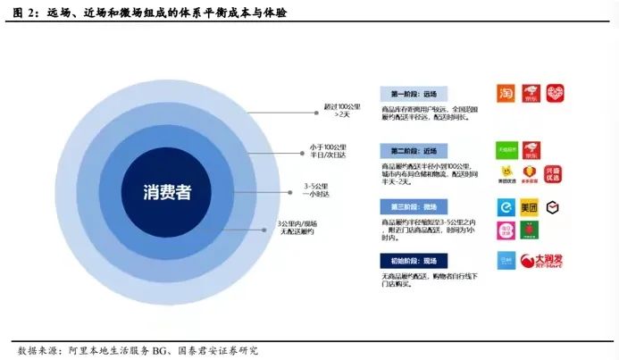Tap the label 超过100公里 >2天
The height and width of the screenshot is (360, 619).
click(x=341, y=111)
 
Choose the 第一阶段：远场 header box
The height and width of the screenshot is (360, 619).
click(x=413, y=94)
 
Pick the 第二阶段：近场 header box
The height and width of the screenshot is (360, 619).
click(x=413, y=149)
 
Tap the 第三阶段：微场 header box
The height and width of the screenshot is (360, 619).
click(x=413, y=206)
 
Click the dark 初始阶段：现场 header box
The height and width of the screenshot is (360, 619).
click(x=413, y=261)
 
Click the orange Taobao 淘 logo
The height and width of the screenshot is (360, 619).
click(x=506, y=94)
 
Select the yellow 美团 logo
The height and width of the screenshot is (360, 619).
click(x=530, y=207)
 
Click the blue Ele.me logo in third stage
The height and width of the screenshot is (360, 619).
click(x=506, y=207)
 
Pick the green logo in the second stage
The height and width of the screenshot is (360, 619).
click(x=506, y=148)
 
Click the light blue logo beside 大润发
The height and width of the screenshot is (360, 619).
click(x=506, y=261)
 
